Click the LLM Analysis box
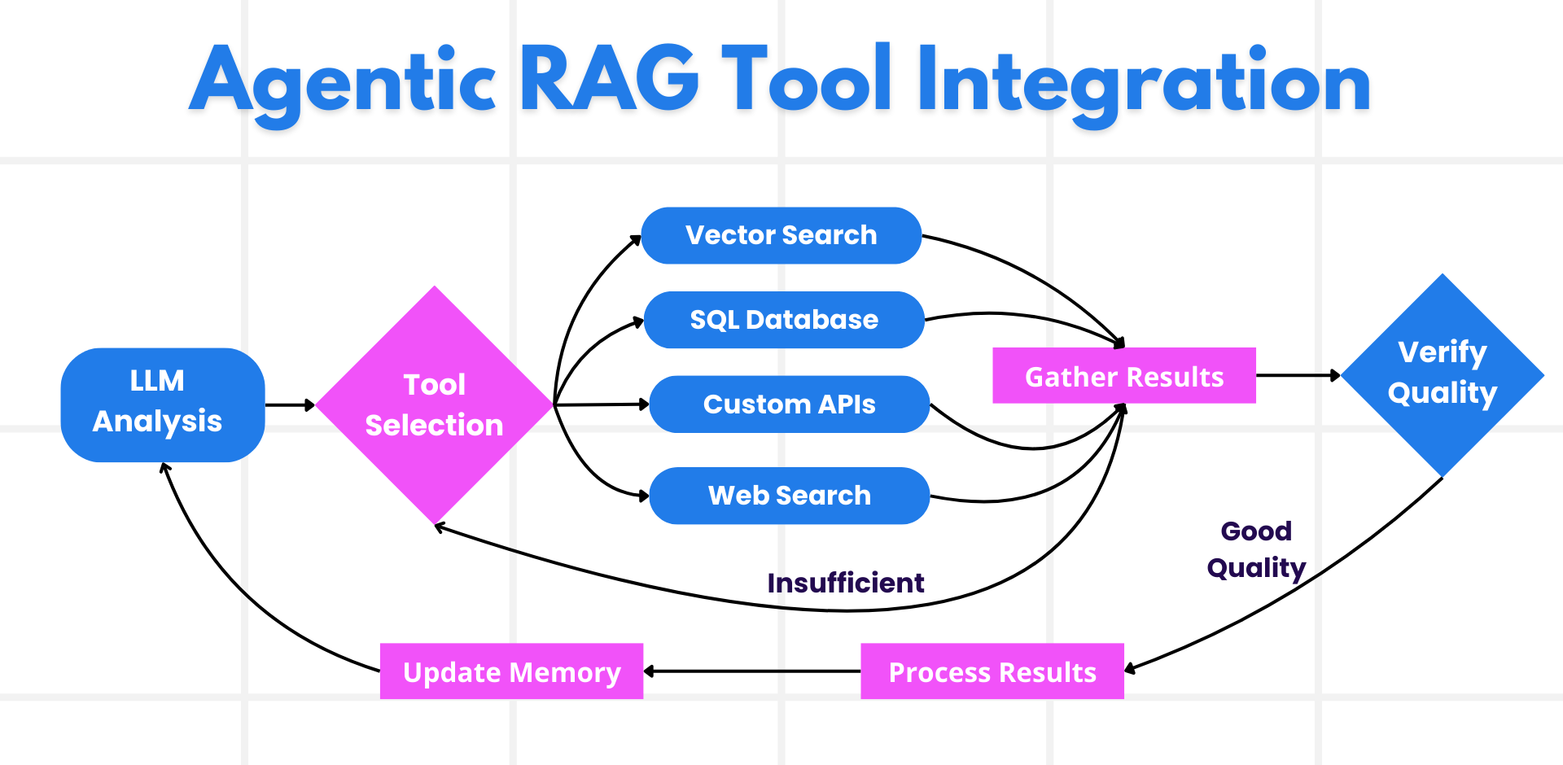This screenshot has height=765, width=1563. [162, 404]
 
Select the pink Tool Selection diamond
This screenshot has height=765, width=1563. [434, 404]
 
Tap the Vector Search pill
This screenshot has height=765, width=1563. [781, 235]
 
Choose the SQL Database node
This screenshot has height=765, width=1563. [784, 320]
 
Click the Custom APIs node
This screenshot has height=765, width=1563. [789, 404]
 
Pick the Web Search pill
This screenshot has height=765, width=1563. [789, 496]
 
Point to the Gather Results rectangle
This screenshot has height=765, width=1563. [1123, 376]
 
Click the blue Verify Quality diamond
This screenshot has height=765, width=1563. [1442, 374]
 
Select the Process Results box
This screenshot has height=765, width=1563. [992, 671]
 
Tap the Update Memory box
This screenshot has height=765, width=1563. [511, 671]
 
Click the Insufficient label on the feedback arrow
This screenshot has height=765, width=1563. [845, 583]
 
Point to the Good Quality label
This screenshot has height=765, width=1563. [1256, 549]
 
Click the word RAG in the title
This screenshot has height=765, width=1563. [609, 80]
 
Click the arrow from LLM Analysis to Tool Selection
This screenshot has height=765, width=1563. [289, 404]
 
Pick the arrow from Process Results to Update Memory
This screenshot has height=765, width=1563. [753, 671]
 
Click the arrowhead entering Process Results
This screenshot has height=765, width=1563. [1131, 669]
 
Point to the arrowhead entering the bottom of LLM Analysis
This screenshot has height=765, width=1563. [165, 468]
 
